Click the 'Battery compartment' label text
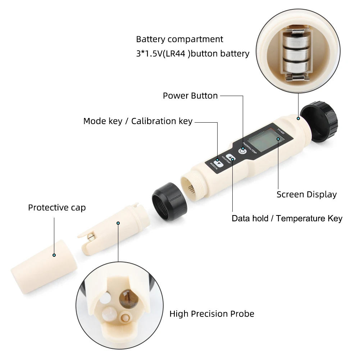[x=179, y=39]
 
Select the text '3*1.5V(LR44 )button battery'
[x=192, y=54]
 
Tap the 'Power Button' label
[x=190, y=96]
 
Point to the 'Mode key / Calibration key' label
[x=138, y=121]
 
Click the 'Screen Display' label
[x=306, y=195]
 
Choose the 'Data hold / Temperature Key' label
[x=287, y=218]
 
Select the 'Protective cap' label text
[x=57, y=208]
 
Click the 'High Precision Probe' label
[x=211, y=314]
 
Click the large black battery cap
[x=319, y=122]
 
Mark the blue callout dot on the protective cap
[x=54, y=255]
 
